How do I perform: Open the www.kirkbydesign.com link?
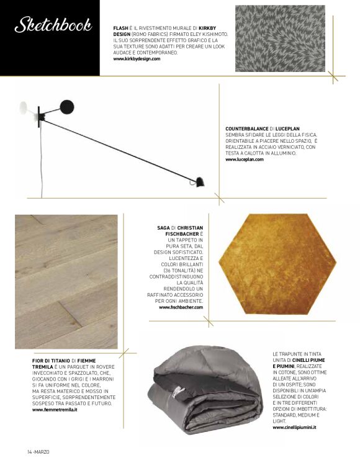[141, 59]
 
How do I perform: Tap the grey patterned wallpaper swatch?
[280, 38]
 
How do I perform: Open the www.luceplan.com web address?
[244, 160]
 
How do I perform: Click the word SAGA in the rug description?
[163, 228]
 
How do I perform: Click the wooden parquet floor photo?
[66, 281]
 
